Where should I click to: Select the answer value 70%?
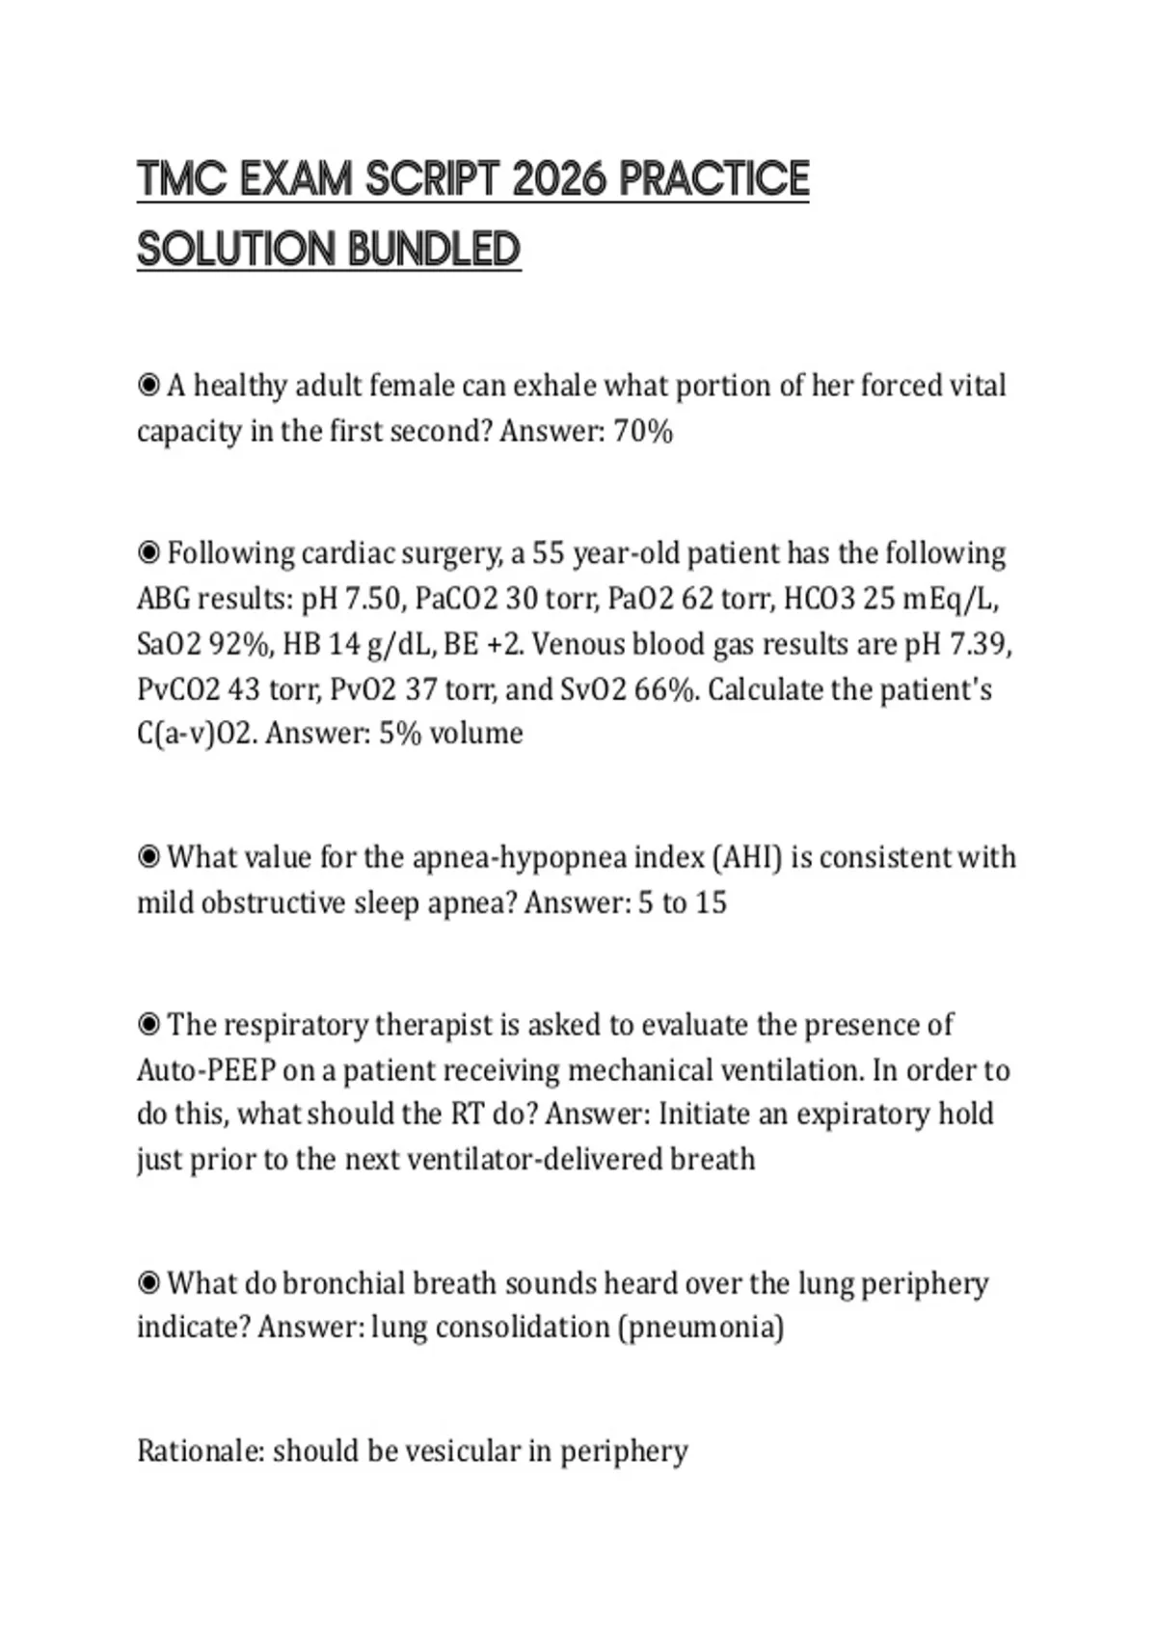tap(643, 431)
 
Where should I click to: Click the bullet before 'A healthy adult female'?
tap(148, 386)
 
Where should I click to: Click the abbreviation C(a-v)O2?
tap(196, 734)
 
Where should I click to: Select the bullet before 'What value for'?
tap(148, 857)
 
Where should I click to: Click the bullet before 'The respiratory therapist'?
tap(148, 1025)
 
